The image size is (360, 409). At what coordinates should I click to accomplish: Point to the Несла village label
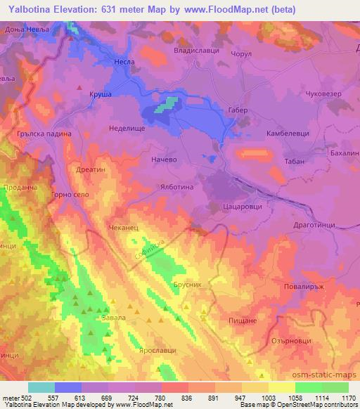coord(124,62)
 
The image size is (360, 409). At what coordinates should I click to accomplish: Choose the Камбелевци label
coord(283,133)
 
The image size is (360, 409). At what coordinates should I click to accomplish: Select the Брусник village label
coord(187,285)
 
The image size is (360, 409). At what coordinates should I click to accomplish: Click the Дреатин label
coord(89,169)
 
